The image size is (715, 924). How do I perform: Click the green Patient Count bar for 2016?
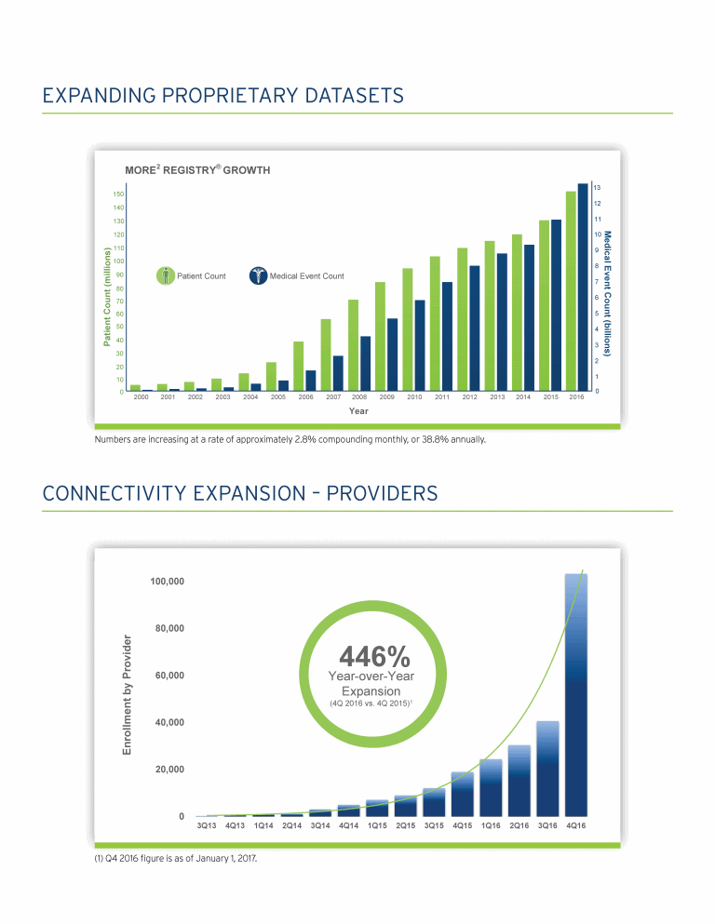571,290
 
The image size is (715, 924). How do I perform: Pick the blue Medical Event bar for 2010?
420,345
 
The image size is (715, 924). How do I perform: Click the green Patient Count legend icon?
165,275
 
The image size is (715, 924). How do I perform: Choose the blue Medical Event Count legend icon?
257,275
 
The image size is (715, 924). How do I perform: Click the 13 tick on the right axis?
597,187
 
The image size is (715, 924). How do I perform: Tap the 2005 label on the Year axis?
277,397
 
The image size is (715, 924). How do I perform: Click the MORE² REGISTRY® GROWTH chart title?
197,170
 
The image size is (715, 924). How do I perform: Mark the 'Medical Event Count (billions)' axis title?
608,294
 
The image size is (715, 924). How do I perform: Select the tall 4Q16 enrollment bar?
576,695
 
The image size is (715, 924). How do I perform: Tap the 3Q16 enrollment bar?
547,769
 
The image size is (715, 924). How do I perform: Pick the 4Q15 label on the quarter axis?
463,824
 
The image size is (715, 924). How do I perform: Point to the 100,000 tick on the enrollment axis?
166,582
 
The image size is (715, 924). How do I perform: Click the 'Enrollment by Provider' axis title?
128,694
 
